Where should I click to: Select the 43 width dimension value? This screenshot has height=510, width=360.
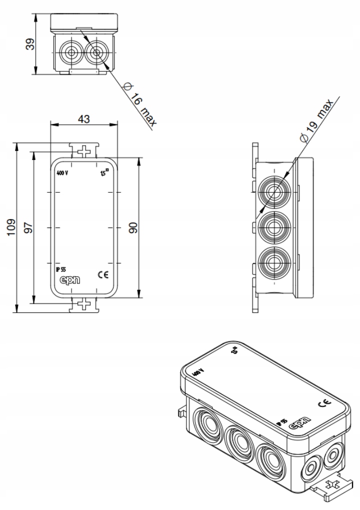[x=84, y=119]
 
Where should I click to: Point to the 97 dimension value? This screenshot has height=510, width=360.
[x=29, y=227]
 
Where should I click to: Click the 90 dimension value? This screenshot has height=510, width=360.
[x=133, y=228]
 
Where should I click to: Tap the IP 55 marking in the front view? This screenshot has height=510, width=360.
[x=61, y=268]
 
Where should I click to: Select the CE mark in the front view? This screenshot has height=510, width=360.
[x=106, y=274]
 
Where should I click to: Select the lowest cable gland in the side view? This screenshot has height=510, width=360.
[x=274, y=261]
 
